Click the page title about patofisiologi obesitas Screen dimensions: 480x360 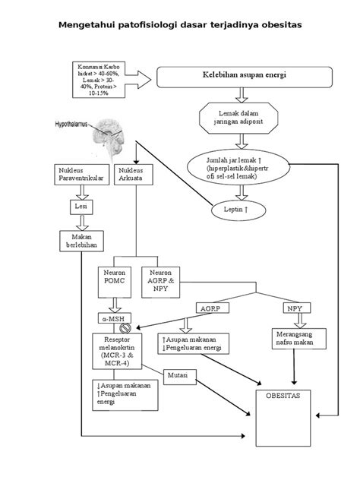coord(180,24)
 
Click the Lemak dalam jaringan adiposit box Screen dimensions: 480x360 coord(238,118)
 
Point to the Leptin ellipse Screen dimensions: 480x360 coord(238,207)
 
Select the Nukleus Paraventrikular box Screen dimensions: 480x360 coord(80,175)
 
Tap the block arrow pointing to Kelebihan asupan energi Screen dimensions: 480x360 coord(138,76)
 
